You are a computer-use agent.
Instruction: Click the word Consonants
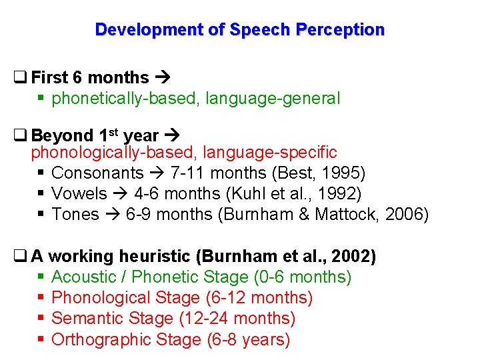(x=97, y=173)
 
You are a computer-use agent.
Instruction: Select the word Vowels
(x=79, y=194)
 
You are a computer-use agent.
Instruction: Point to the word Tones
(x=75, y=215)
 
